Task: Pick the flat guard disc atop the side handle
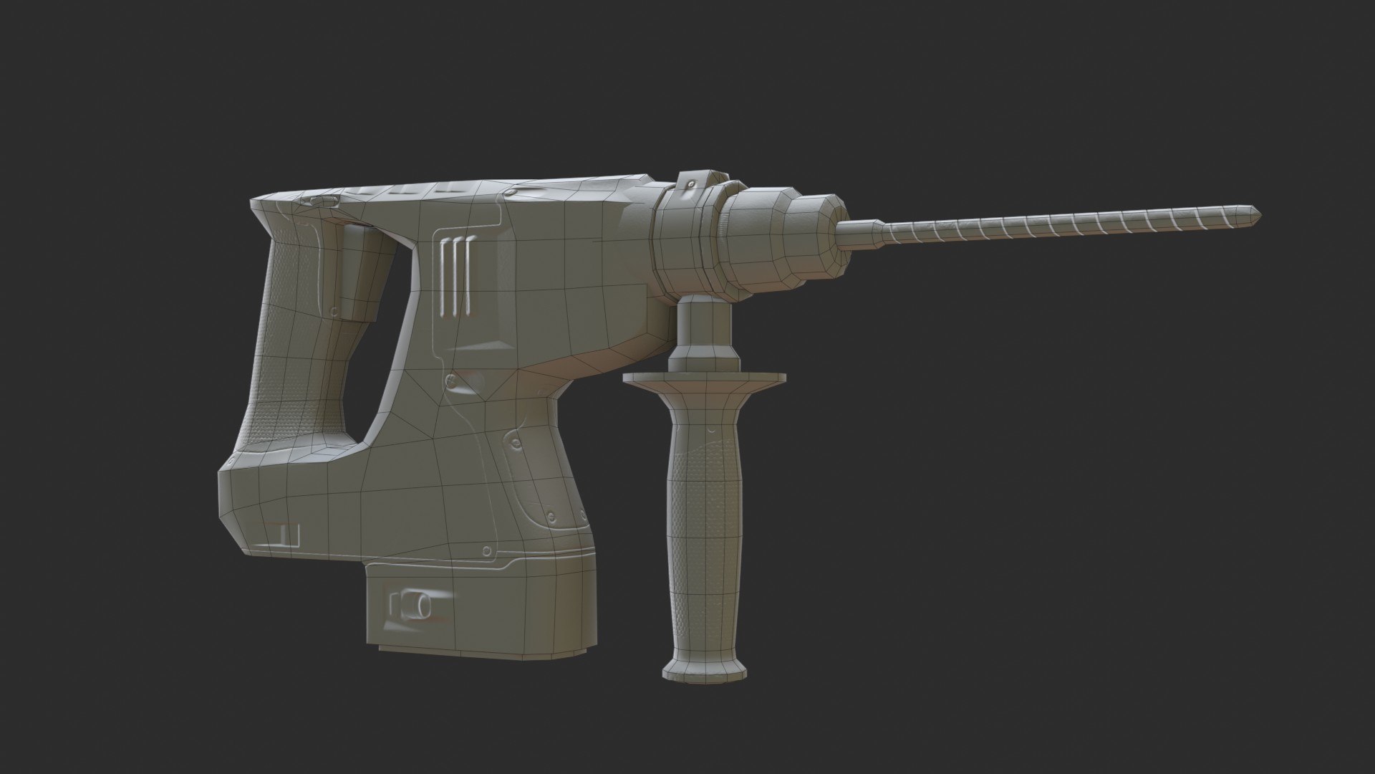point(704,377)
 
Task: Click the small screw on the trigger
point(334,310)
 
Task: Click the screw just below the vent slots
point(451,378)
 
